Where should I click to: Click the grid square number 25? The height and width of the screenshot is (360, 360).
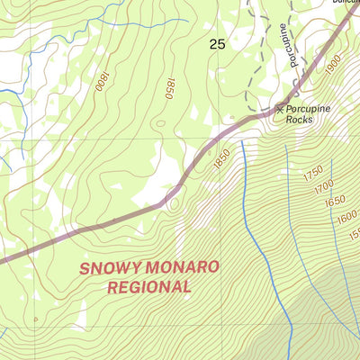[217, 44]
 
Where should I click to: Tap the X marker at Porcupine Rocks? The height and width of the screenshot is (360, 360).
[280, 109]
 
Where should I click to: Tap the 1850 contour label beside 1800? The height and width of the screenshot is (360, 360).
[167, 86]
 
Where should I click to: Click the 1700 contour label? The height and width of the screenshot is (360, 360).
[322, 188]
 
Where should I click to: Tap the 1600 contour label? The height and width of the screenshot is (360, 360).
[346, 219]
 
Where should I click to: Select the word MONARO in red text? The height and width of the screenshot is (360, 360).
[184, 267]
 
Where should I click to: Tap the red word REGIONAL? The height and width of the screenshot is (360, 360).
[148, 287]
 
